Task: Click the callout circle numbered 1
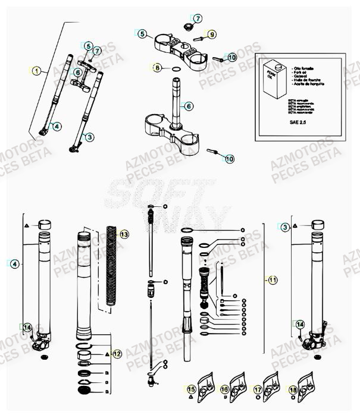[37, 71]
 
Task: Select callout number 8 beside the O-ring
[157, 68]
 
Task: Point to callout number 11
[273, 279]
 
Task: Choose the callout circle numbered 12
[117, 354]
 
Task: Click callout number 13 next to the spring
[124, 234]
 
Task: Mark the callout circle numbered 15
[191, 389]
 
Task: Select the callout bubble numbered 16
[224, 389]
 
